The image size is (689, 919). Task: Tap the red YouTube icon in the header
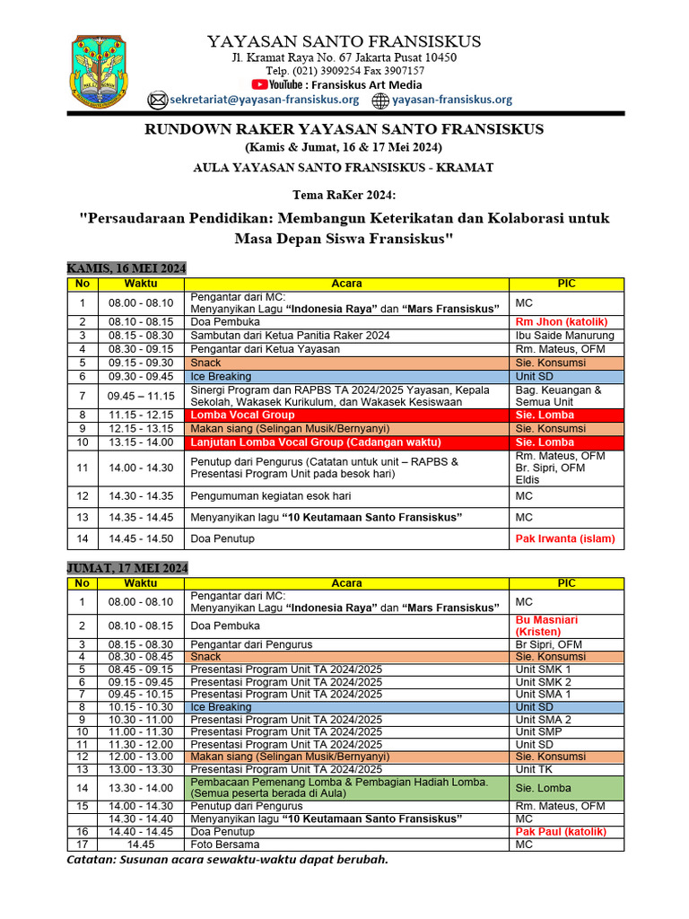[x=261, y=83]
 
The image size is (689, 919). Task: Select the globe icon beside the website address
[x=380, y=100]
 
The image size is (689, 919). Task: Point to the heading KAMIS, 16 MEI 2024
[x=126, y=268]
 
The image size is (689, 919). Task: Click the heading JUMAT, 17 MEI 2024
[x=127, y=567]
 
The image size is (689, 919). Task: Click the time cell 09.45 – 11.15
[x=141, y=396]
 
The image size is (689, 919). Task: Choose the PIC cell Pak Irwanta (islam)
[x=565, y=538]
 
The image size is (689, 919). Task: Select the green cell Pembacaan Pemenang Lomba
[x=345, y=787]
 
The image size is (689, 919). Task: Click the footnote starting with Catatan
[x=228, y=860]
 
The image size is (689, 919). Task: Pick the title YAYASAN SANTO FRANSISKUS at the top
[x=344, y=41]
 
